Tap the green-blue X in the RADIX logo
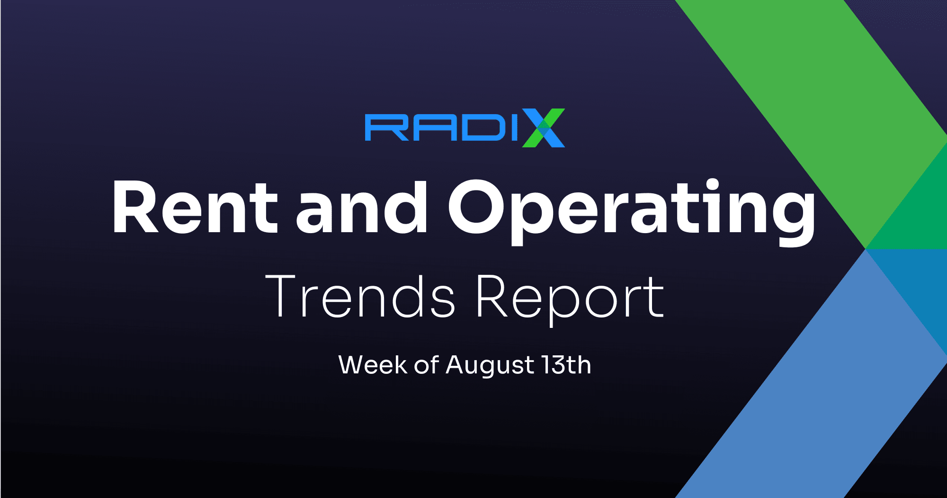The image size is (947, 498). point(544,128)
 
